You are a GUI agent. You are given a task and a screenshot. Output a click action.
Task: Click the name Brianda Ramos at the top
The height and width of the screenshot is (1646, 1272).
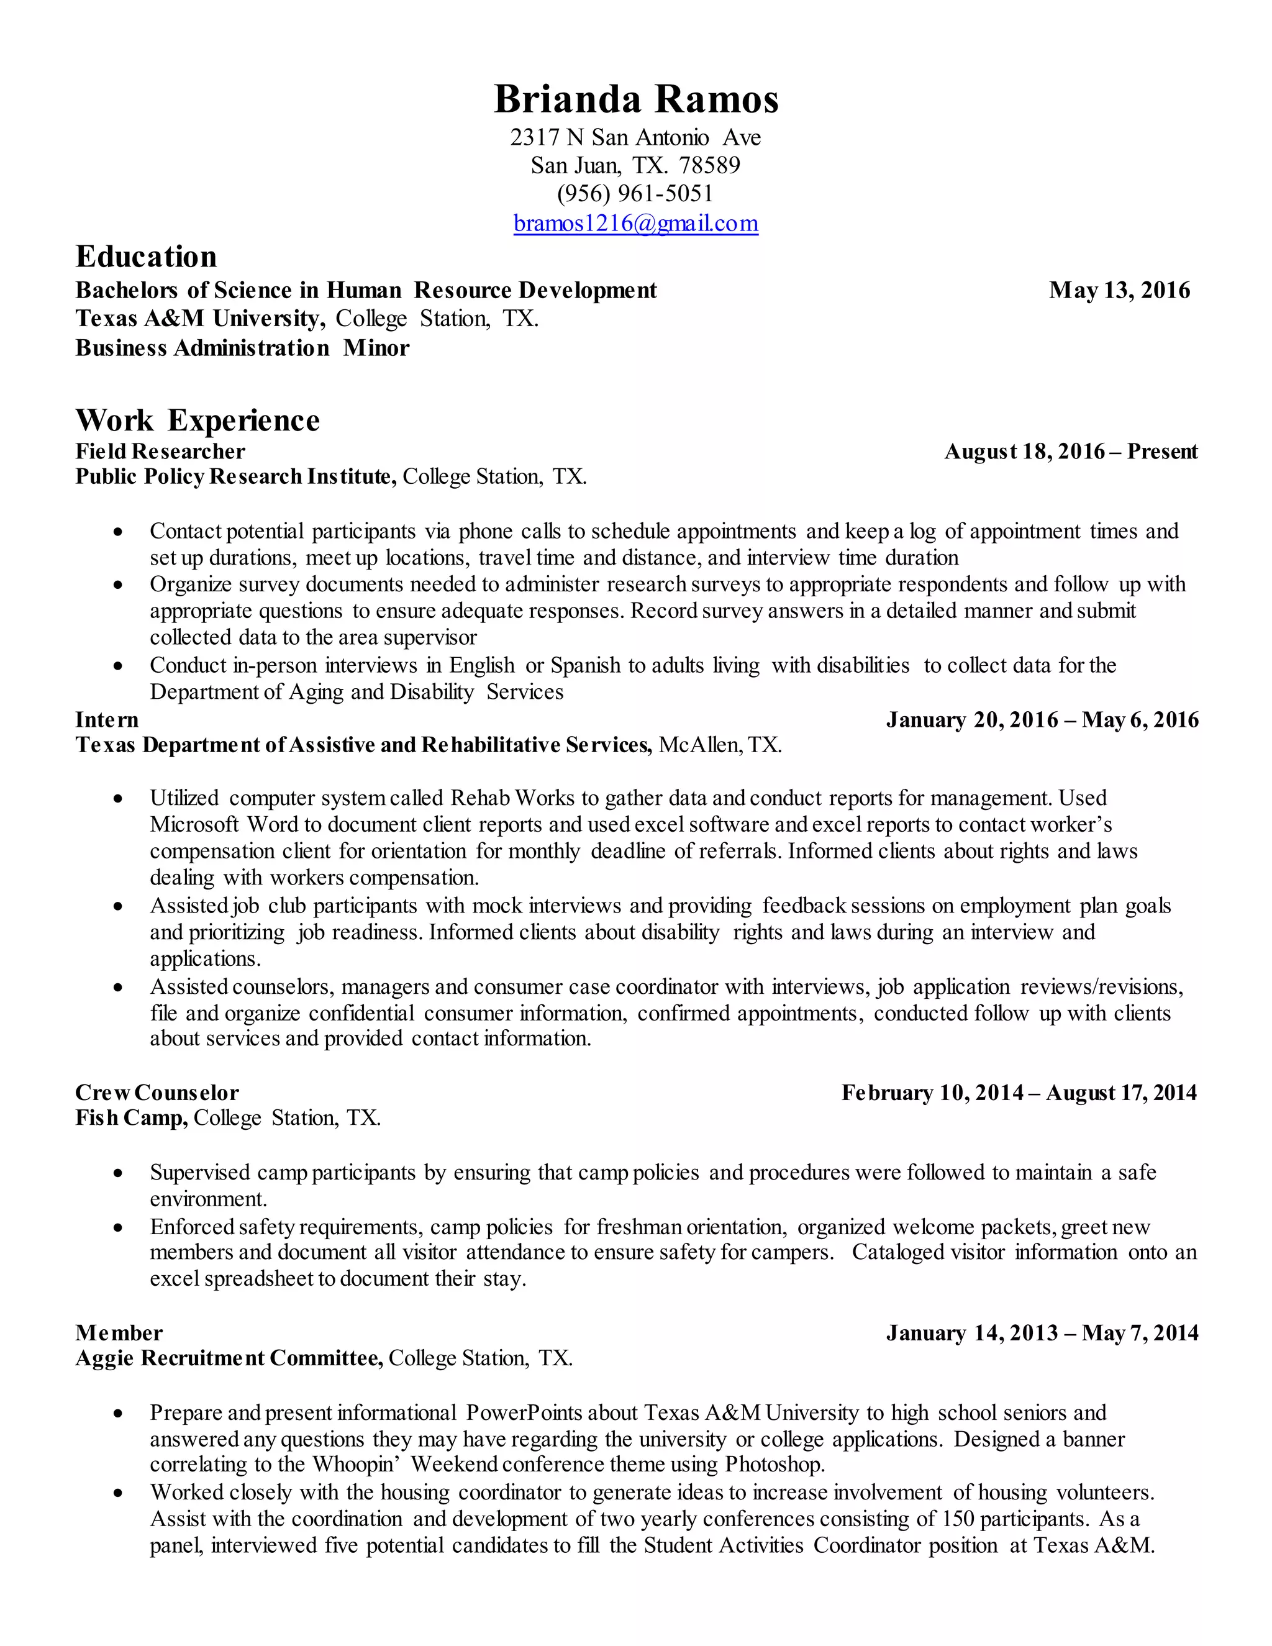tap(635, 99)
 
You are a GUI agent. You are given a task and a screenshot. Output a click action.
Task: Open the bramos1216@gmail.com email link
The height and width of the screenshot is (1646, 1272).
tap(635, 224)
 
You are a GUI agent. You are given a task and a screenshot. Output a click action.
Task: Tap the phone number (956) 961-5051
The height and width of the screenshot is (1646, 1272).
tap(635, 194)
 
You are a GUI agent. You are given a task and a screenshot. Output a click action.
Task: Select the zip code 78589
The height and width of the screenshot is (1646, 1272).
tap(709, 165)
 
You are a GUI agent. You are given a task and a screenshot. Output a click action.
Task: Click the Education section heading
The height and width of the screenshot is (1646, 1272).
tap(146, 257)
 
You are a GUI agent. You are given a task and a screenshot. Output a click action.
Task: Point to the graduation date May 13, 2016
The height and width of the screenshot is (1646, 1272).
tap(1119, 290)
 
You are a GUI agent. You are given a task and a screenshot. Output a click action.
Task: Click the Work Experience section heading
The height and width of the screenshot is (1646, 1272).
tap(198, 421)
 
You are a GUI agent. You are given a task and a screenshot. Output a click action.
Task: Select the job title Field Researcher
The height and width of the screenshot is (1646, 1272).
tap(160, 452)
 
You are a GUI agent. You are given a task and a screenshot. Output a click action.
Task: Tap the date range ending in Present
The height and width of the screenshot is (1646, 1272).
tap(1071, 452)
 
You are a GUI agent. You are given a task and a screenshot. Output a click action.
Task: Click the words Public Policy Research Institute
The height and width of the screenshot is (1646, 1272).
tap(235, 476)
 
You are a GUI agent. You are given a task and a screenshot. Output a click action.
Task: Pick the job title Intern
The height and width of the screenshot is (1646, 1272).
tap(107, 720)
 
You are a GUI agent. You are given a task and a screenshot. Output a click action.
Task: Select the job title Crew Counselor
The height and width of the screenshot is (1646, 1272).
tap(157, 1092)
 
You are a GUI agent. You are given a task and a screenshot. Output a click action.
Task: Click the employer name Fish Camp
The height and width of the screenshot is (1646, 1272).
tap(131, 1117)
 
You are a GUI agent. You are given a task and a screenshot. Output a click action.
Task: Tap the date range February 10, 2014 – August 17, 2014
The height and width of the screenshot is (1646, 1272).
tap(1019, 1092)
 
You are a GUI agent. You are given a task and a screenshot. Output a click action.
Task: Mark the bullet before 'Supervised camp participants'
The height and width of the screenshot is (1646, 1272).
tap(117, 1173)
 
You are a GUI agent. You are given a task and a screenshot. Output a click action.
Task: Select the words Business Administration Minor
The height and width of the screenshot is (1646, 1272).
tap(242, 348)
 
